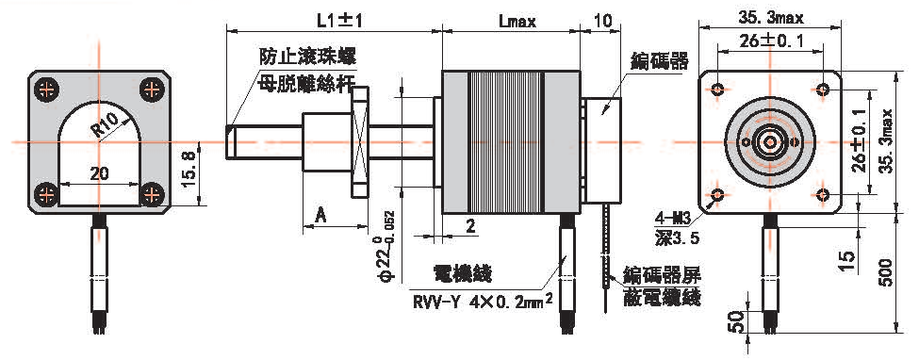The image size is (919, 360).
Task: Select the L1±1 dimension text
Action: point(340,22)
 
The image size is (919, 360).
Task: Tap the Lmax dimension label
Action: point(518,23)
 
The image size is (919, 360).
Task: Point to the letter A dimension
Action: point(320,215)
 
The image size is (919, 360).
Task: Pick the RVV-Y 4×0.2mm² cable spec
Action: point(483,303)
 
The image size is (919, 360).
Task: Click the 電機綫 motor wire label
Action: point(463,274)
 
